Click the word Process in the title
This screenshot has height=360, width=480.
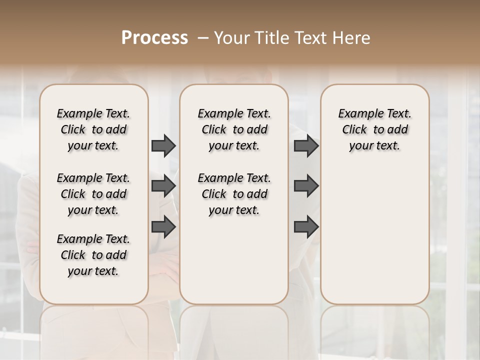click(x=154, y=38)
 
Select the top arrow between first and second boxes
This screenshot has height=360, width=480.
click(x=163, y=145)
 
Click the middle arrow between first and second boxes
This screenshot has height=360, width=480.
click(x=163, y=186)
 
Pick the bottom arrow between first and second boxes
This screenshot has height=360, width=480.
click(x=163, y=227)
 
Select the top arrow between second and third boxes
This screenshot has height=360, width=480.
click(x=306, y=145)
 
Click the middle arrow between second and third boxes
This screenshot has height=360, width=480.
click(x=306, y=186)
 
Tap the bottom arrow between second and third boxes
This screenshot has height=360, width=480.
click(x=306, y=227)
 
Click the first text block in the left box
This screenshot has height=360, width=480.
click(x=93, y=129)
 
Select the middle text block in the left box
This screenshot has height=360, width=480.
click(x=93, y=194)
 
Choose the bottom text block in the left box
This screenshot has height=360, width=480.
click(x=93, y=255)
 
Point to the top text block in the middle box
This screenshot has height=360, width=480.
click(x=234, y=129)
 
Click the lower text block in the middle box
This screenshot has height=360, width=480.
click(x=234, y=194)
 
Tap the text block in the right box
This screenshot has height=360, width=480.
click(x=374, y=129)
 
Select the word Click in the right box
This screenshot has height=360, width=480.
click(x=354, y=130)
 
